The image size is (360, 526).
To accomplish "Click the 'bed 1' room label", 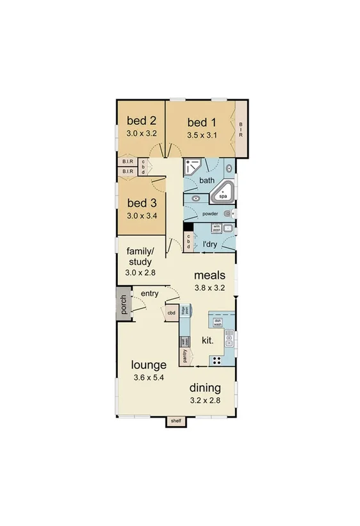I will tap(201, 122).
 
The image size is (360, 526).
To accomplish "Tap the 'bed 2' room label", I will tap(142, 120).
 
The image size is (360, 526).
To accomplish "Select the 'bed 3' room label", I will tap(142, 203).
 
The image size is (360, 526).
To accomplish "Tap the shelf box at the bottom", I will tap(176, 421).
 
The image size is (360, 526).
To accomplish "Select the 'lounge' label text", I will tap(149, 365).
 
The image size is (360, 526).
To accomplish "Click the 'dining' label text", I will tap(205, 388).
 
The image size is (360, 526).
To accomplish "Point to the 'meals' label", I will tap(210, 275).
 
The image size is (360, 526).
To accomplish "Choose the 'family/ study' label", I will tap(139, 256).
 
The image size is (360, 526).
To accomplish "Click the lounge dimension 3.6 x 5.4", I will tap(149, 378).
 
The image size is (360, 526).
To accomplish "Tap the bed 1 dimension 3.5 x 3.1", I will tap(202, 136).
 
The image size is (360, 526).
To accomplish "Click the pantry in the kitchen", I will tap(185, 356).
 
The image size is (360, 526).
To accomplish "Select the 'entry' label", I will tap(149, 294).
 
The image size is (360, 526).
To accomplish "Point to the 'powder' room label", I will tap(210, 213).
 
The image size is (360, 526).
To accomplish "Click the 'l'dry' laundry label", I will tap(209, 245).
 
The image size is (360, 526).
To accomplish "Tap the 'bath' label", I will tap(207, 181).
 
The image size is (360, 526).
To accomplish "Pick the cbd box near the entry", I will tap(171, 313).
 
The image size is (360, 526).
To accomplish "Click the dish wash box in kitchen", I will tap(218, 322).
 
